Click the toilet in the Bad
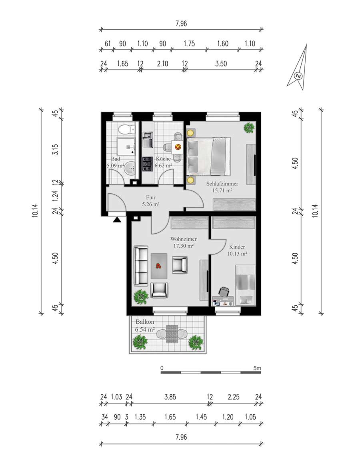(x=126, y=129)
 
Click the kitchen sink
(x=147, y=139)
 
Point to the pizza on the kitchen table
(x=178, y=146)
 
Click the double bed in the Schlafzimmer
(x=208, y=156)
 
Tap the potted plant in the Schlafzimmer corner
(x=249, y=128)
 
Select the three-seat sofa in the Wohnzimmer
(x=141, y=266)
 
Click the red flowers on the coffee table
(x=159, y=266)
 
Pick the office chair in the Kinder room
(x=224, y=291)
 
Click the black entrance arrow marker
(x=117, y=219)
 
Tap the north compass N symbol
(x=299, y=76)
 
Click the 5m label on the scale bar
(x=257, y=369)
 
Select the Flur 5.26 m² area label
(x=150, y=200)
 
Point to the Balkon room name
(x=145, y=322)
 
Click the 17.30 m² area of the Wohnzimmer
(x=183, y=246)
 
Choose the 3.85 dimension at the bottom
(x=170, y=397)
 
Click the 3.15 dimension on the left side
(x=55, y=149)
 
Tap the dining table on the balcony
(x=172, y=334)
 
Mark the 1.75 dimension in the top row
(x=189, y=44)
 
